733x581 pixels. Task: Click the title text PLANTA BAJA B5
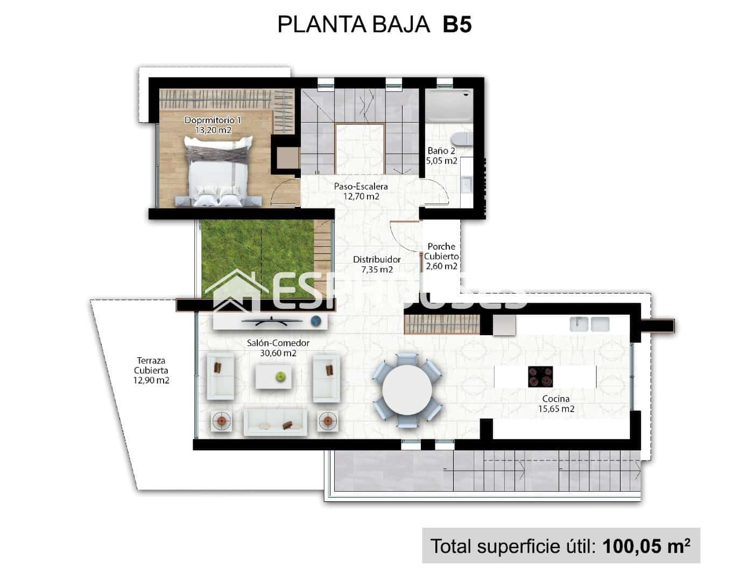pyautogui.click(x=374, y=25)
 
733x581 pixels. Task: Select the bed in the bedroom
pyautogui.click(x=218, y=171)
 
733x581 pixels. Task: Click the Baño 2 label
pyautogui.click(x=441, y=151)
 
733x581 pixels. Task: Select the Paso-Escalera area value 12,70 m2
pyautogui.click(x=361, y=196)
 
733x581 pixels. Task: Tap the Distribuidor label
pyautogui.click(x=377, y=259)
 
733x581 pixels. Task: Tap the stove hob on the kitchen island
pyautogui.click(x=540, y=376)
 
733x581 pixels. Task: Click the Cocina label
pyautogui.click(x=556, y=399)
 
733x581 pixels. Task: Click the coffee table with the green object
pyautogui.click(x=274, y=376)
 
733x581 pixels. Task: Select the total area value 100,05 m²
pyautogui.click(x=646, y=546)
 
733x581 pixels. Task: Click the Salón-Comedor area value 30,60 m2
pyautogui.click(x=278, y=353)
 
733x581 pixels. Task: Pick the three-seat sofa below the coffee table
pyautogui.click(x=275, y=422)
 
